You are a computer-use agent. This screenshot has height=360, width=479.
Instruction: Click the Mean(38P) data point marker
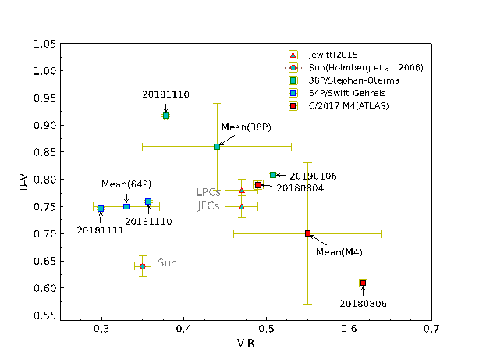pos(217,146)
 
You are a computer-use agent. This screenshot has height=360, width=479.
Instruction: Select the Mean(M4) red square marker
pos(308,233)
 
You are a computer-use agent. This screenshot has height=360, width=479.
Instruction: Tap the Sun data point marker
pos(142,266)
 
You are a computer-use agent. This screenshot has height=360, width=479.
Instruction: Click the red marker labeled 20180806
pos(363,283)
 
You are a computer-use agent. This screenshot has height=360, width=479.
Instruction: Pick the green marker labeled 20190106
pos(273,175)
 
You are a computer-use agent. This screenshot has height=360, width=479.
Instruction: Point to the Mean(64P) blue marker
pos(126,206)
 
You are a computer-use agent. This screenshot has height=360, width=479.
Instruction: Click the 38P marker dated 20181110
pos(165,116)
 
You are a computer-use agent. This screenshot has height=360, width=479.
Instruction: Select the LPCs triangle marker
pos(242,190)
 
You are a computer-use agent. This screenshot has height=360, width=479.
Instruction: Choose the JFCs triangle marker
pos(242,206)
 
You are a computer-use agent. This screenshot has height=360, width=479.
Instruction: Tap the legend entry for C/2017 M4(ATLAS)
pos(344,105)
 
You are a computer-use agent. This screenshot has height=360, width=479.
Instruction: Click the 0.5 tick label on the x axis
pos(267,330)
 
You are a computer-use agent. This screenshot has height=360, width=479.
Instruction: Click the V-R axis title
pos(267,344)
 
